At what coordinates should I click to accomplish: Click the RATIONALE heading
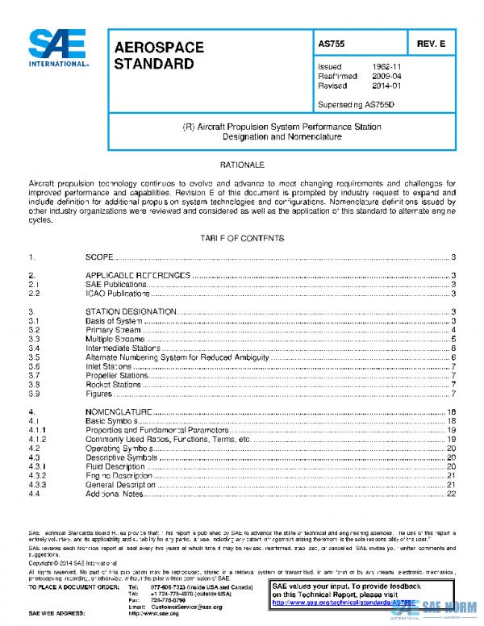pyautogui.click(x=242, y=165)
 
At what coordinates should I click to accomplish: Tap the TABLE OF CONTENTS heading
pyautogui.click(x=242, y=239)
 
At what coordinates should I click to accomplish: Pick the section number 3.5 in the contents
pyautogui.click(x=35, y=357)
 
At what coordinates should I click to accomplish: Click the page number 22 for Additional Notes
pyautogui.click(x=452, y=495)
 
